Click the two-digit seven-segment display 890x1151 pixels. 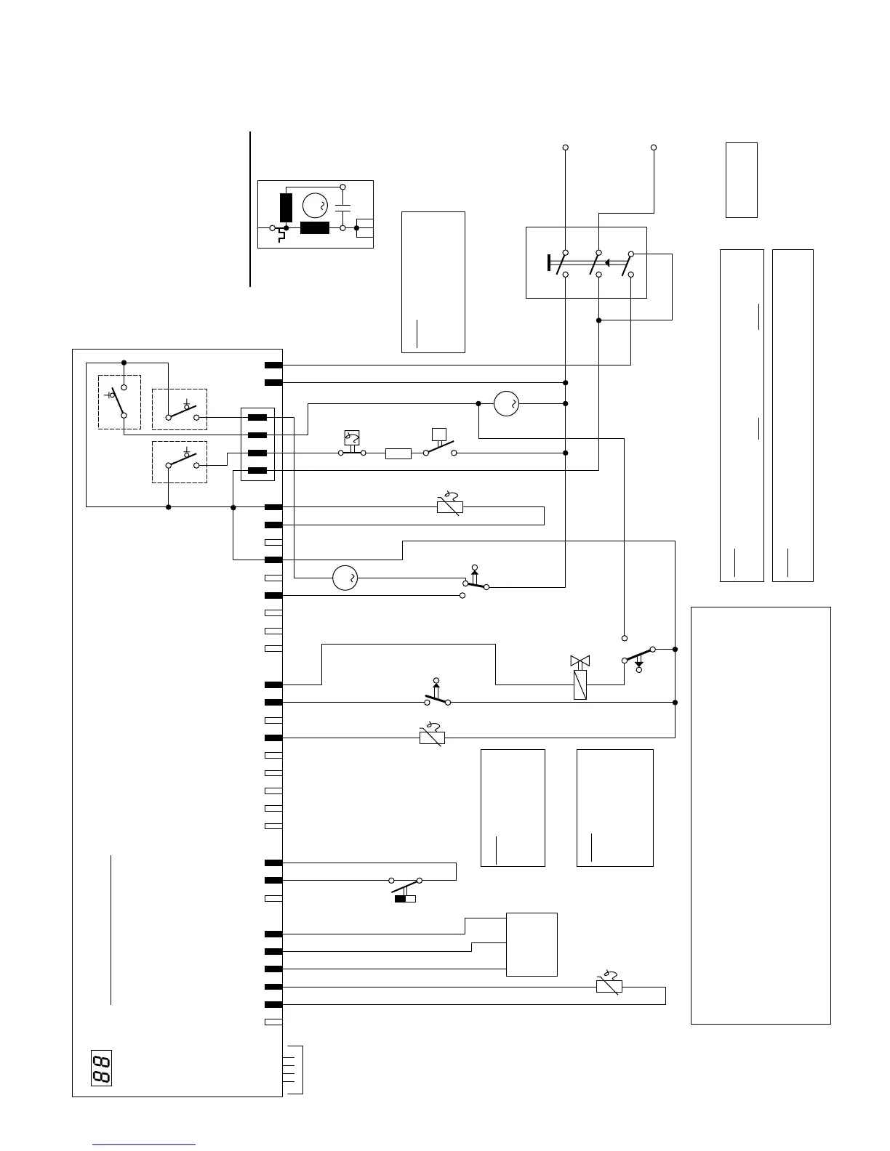pos(101,1067)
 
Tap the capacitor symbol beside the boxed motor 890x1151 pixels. pos(342,209)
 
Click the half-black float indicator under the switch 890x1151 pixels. pos(405,899)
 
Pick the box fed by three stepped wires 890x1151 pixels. pos(532,944)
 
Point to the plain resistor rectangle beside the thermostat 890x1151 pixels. pos(398,453)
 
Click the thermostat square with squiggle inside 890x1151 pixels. pos(352,437)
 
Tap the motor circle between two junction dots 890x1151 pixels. pos(506,403)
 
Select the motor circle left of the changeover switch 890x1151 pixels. pos(345,578)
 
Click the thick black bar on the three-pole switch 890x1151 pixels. pos(548,263)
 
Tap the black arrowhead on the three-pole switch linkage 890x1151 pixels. pos(606,263)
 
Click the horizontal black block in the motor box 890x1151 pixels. pos(314,228)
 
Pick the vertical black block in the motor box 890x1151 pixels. pos(286,207)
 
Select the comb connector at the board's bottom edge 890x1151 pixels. pos(294,1070)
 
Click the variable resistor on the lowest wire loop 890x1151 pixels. pos(609,986)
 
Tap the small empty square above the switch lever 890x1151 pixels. pos(438,435)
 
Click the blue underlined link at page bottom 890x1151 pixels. pos(145,1144)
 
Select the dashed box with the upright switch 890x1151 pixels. pos(119,402)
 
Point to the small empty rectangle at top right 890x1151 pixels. pos(741,179)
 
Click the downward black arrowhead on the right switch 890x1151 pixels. pos(639,663)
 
